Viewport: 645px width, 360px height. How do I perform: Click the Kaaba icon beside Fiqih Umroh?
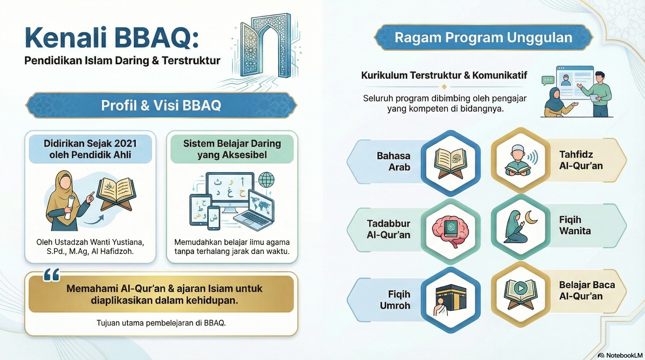[451, 300]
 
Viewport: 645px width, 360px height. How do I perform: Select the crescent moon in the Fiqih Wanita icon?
[532, 218]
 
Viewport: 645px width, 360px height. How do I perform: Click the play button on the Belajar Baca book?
[520, 288]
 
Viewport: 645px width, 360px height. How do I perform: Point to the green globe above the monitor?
[266, 180]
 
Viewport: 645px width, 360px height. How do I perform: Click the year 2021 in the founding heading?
[125, 144]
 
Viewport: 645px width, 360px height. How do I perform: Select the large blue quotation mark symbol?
[52, 275]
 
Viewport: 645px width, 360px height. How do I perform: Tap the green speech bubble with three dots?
[548, 80]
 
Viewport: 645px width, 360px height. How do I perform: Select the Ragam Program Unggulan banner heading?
[483, 38]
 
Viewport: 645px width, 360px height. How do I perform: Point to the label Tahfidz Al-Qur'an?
[581, 160]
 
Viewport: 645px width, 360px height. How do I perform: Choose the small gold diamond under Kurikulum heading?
[444, 87]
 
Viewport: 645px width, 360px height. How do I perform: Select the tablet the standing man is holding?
[594, 98]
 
